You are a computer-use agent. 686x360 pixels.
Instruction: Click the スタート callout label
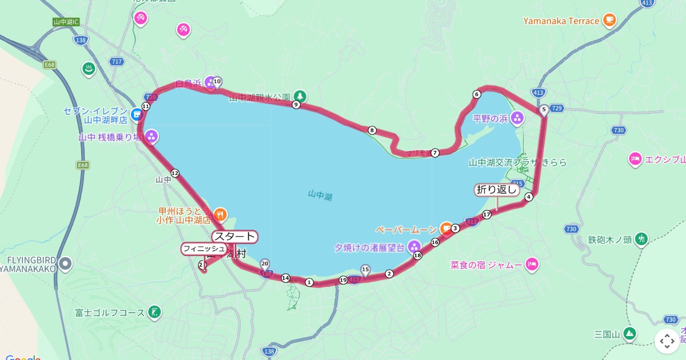point(235,237)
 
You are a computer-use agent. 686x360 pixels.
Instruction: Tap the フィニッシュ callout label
point(204,249)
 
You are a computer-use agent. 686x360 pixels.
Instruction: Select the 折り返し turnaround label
point(497,190)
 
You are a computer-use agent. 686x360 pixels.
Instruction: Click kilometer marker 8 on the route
point(372,130)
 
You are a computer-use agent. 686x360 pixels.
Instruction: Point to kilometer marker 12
point(175,173)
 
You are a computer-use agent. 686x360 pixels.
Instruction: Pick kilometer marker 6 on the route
point(476,94)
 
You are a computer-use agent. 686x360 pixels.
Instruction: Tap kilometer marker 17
point(486,215)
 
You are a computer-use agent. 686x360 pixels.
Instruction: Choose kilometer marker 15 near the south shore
point(366,269)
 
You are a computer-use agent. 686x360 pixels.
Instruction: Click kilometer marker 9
point(296,105)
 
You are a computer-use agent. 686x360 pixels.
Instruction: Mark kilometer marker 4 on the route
point(529,197)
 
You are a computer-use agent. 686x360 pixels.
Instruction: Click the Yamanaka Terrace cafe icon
point(609,21)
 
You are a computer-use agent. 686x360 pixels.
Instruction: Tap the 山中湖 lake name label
point(320,195)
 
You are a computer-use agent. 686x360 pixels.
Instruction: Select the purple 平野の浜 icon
point(517,118)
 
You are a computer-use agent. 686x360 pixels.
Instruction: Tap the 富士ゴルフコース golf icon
point(153,312)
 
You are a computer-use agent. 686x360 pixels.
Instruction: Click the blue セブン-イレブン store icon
point(137,114)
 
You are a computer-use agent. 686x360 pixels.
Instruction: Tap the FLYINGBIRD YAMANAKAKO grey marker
point(66,264)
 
